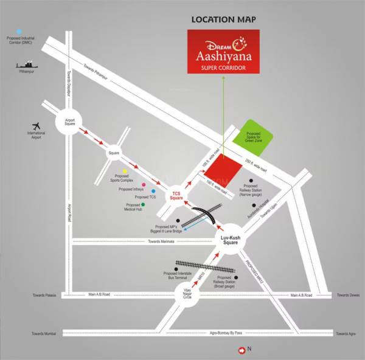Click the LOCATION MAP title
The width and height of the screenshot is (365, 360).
pyautogui.click(x=223, y=19)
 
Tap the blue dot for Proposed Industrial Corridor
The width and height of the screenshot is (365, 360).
pyautogui.click(x=19, y=30)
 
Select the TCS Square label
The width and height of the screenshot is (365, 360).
pyautogui.click(x=176, y=196)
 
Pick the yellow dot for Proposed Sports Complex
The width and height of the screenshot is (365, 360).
pyautogui.click(x=125, y=172)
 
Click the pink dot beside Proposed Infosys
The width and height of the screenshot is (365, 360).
pyautogui.click(x=144, y=184)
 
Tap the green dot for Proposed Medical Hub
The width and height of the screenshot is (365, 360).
pyautogui.click(x=143, y=205)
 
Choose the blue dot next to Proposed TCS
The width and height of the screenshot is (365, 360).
pyautogui.click(x=153, y=192)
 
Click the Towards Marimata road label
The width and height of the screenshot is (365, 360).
pyautogui.click(x=161, y=241)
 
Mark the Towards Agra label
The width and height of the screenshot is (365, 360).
pyautogui.click(x=346, y=334)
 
